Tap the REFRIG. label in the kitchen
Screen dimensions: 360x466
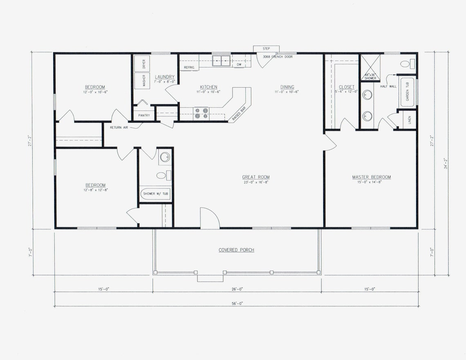189,67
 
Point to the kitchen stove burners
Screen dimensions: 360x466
201,113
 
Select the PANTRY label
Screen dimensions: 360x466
144,116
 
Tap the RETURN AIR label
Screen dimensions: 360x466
119,127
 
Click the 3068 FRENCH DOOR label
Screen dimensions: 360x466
278,57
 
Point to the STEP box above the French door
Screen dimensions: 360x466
266,49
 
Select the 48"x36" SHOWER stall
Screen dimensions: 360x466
370,67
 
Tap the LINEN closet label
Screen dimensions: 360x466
409,120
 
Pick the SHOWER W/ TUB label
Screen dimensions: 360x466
156,194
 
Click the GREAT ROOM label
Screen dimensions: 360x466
255,177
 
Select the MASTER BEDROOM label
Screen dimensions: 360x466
371,177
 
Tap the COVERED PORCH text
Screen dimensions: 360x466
236,250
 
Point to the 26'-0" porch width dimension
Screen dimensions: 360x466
237,289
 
